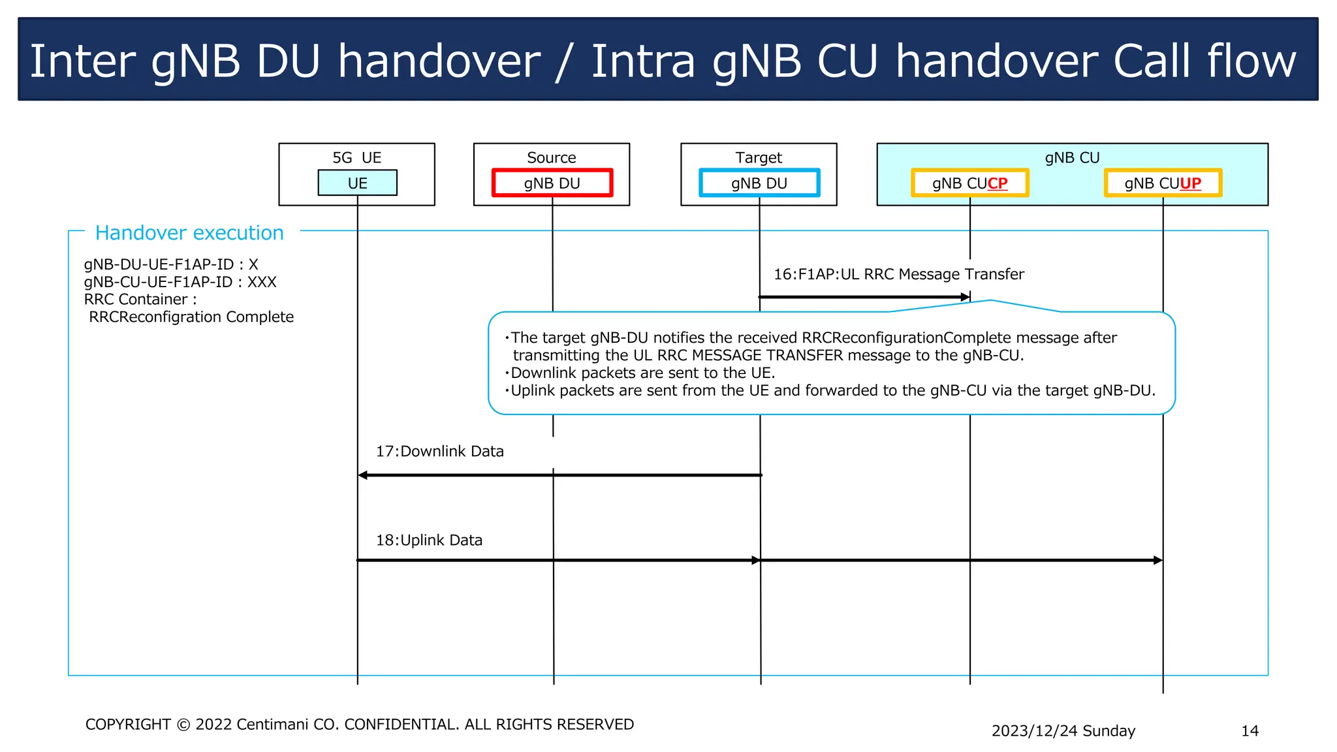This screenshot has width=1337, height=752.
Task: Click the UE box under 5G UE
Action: coord(357,183)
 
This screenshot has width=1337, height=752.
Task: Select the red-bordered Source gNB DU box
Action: coord(552,183)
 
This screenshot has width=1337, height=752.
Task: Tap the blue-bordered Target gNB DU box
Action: coord(759,183)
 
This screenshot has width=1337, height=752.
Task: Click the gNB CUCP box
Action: coord(969,183)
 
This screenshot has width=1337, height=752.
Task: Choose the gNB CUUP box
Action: coord(1162,183)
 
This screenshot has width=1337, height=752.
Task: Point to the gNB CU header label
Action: coord(1072,158)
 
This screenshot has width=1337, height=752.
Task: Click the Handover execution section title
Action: coord(189,233)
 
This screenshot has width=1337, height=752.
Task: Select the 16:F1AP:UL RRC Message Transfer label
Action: coord(898,274)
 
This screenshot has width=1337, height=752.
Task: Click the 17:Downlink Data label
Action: coord(439,451)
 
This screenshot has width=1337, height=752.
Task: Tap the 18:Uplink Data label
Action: coord(429,540)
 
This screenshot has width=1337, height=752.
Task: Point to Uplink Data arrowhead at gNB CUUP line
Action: coord(1158,560)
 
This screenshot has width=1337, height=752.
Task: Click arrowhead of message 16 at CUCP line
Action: coord(966,297)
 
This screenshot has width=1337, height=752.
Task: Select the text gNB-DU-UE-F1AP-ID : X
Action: coord(171,264)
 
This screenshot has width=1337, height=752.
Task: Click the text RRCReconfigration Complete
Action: coord(191,317)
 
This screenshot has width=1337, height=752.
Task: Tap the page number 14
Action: coord(1250,730)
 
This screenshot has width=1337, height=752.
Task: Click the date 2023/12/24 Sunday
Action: coord(1063,730)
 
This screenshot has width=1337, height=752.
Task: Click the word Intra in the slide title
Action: coord(643,61)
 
